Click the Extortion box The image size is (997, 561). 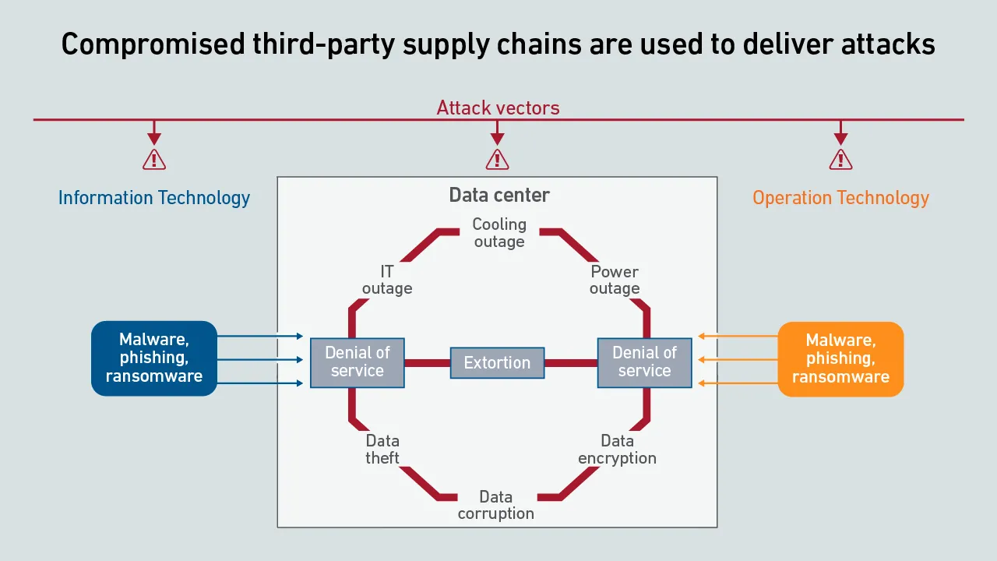tap(497, 363)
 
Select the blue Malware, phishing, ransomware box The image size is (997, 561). tap(154, 358)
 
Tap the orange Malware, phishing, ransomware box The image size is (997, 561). tap(840, 358)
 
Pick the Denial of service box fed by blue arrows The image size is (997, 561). tap(358, 362)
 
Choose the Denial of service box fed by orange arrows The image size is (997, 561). tap(644, 362)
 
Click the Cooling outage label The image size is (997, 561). tap(499, 233)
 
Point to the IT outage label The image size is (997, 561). tap(387, 280)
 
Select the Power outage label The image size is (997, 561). tap(615, 280)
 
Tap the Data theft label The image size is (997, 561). tap(382, 450)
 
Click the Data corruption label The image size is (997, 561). tap(496, 505)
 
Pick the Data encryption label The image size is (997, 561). tap(617, 450)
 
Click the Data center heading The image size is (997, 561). tap(499, 195)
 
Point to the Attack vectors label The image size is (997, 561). tap(498, 108)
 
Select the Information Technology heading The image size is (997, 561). tap(154, 198)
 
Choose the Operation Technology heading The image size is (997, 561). tap(840, 198)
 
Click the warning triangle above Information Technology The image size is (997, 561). tap(154, 160)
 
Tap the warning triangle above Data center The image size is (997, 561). tap(497, 160)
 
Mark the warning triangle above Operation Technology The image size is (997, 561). tap(840, 160)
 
